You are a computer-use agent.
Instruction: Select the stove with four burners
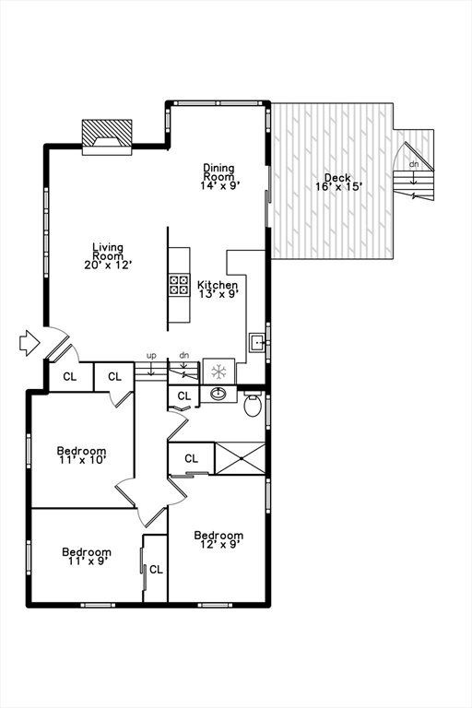click(x=179, y=284)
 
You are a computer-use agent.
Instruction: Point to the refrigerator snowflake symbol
click(x=219, y=372)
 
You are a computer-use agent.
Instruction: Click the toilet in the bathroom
click(x=253, y=404)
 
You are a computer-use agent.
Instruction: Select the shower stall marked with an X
click(x=240, y=458)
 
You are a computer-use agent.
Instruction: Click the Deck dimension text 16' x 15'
click(x=339, y=186)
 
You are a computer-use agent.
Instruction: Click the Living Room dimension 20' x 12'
click(x=108, y=265)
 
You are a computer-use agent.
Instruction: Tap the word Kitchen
click(x=218, y=286)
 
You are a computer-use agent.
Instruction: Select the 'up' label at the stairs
click(x=151, y=355)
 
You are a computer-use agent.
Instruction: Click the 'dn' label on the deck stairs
click(x=414, y=164)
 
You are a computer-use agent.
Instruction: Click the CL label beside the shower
click(x=191, y=458)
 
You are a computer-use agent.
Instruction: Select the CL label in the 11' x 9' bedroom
click(x=156, y=570)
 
